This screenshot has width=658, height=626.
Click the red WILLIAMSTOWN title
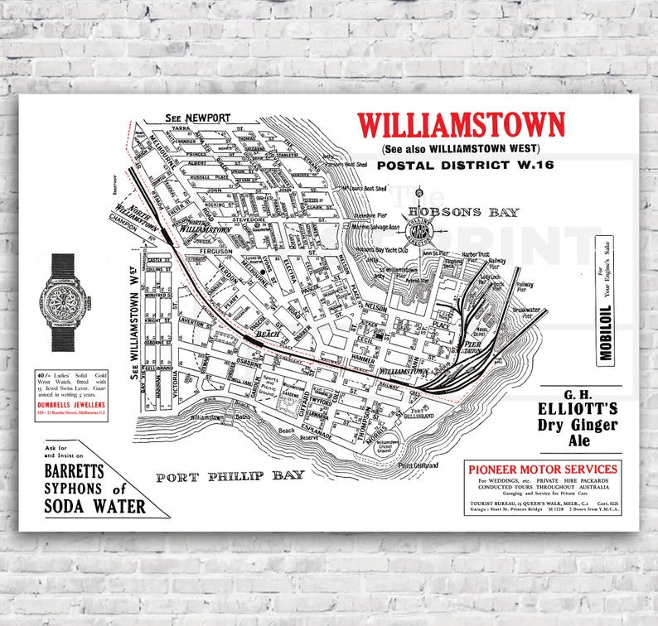(x=461, y=126)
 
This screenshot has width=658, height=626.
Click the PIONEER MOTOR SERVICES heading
(x=542, y=469)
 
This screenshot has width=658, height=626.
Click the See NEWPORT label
(x=196, y=118)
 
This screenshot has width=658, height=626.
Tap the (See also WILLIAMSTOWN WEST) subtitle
(x=461, y=149)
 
